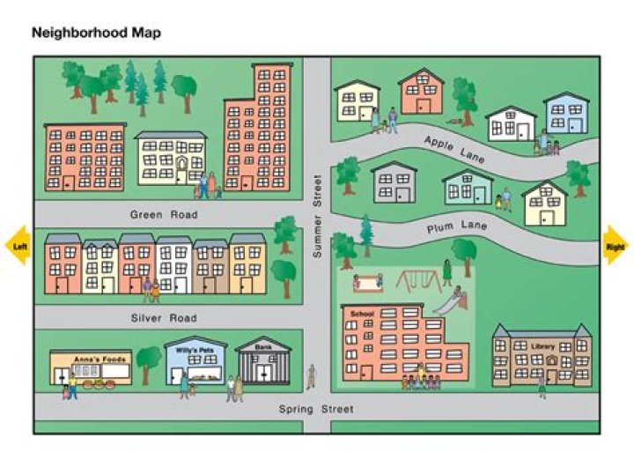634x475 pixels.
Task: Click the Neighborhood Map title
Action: pyautogui.click(x=96, y=33)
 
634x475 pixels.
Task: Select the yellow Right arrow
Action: pyautogui.click(x=615, y=247)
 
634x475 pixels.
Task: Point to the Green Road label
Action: pyautogui.click(x=164, y=214)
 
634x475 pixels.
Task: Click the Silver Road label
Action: pyautogui.click(x=164, y=317)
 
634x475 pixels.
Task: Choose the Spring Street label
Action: pyautogui.click(x=316, y=409)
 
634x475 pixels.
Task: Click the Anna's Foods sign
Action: pyautogui.click(x=90, y=359)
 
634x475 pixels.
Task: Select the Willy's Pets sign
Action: pyautogui.click(x=194, y=349)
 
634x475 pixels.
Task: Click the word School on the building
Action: pyautogui.click(x=362, y=314)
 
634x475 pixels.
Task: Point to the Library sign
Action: pyautogui.click(x=542, y=346)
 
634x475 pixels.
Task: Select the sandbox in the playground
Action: pyautogui.click(x=368, y=283)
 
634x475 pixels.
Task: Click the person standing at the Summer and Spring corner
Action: pyautogui.click(x=310, y=376)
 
